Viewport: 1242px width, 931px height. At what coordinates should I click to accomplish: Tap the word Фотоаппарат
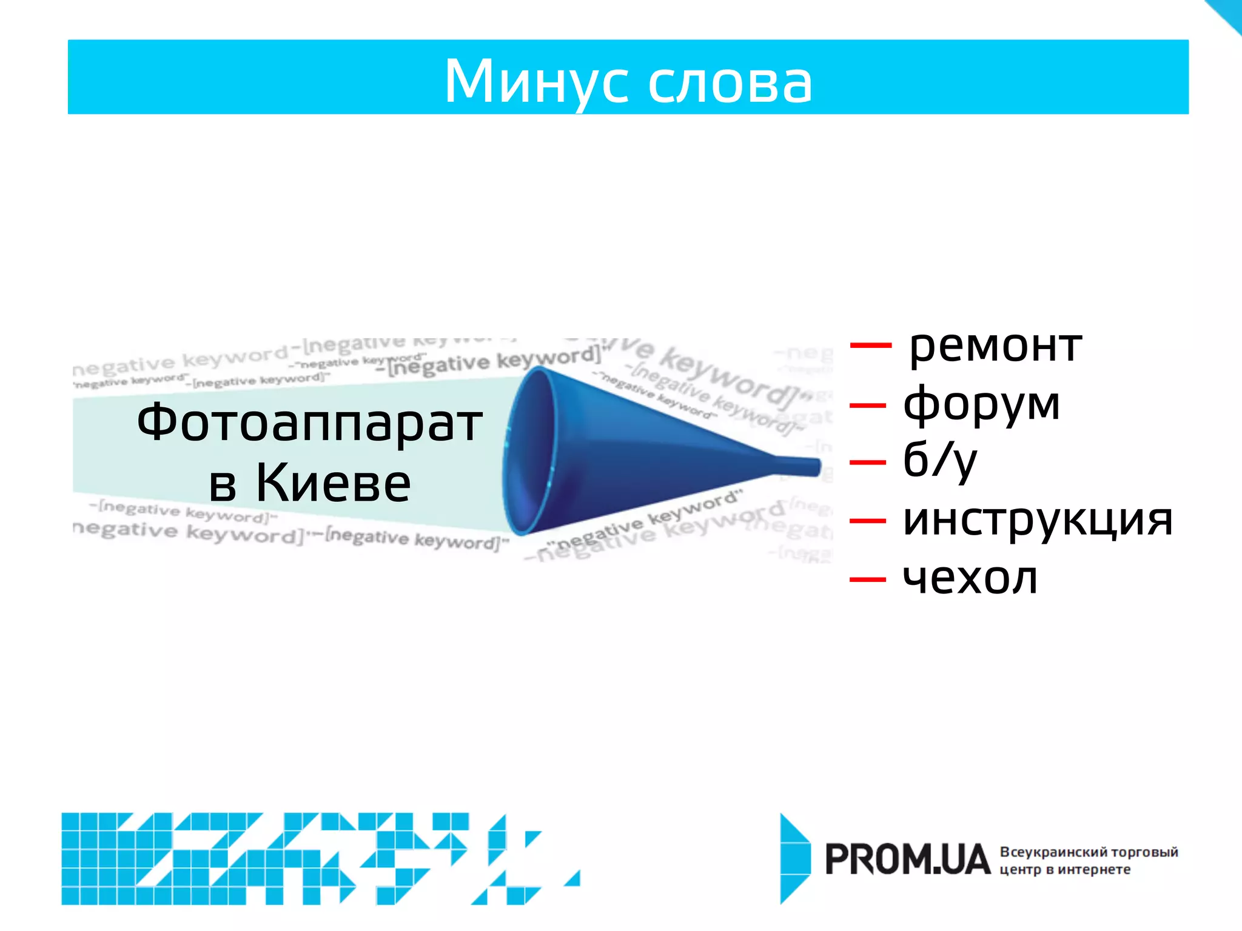(309, 422)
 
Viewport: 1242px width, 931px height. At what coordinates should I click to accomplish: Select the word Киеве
(333, 483)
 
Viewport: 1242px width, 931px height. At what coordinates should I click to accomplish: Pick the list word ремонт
(995, 347)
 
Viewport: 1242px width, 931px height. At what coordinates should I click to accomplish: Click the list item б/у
(939, 461)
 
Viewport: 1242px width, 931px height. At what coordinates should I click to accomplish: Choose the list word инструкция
(1038, 519)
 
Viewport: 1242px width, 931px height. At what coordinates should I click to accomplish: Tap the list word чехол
(970, 578)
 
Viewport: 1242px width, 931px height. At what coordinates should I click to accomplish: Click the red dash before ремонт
(870, 345)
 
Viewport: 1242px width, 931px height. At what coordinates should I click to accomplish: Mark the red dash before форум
(868, 404)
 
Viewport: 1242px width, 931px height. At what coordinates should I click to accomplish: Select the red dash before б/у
(868, 462)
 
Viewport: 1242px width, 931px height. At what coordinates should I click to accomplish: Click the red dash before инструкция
(868, 521)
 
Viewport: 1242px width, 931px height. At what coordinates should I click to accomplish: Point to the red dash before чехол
(868, 579)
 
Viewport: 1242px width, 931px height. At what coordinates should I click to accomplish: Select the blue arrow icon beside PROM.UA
(794, 858)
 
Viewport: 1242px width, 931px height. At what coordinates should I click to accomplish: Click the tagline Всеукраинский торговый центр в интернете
(1088, 861)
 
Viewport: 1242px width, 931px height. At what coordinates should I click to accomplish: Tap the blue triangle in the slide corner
(1228, 12)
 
